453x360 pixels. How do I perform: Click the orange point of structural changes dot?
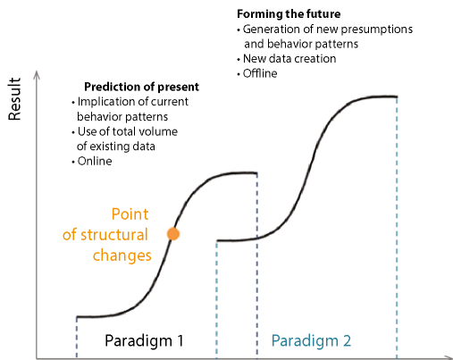173,234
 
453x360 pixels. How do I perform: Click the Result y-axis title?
14,99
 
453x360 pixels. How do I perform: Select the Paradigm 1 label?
144,340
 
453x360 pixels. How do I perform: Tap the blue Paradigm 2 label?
311,340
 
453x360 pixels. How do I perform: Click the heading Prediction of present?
141,87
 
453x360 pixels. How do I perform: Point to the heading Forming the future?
289,14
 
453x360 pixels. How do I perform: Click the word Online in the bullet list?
95,161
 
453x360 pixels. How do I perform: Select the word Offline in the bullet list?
260,73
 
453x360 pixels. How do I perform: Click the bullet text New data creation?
289,59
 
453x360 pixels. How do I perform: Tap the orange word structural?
114,235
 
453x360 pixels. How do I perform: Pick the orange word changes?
122,255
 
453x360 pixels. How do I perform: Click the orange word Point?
130,214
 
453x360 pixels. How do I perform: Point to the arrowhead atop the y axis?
37,74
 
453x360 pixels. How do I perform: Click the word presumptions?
376,29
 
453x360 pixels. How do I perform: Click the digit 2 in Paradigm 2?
347,340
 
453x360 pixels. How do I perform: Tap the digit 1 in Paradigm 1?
180,340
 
